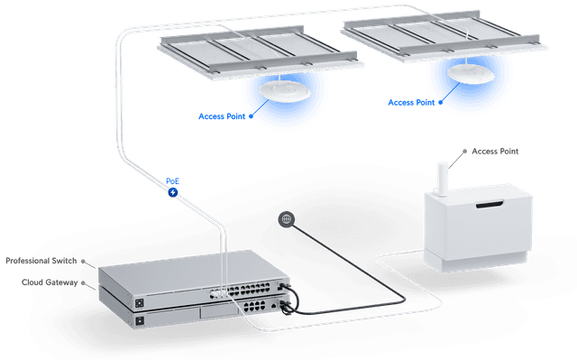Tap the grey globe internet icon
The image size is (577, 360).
(x=287, y=218)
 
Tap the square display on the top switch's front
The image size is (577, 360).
(x=140, y=301)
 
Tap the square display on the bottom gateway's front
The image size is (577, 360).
(x=139, y=321)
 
